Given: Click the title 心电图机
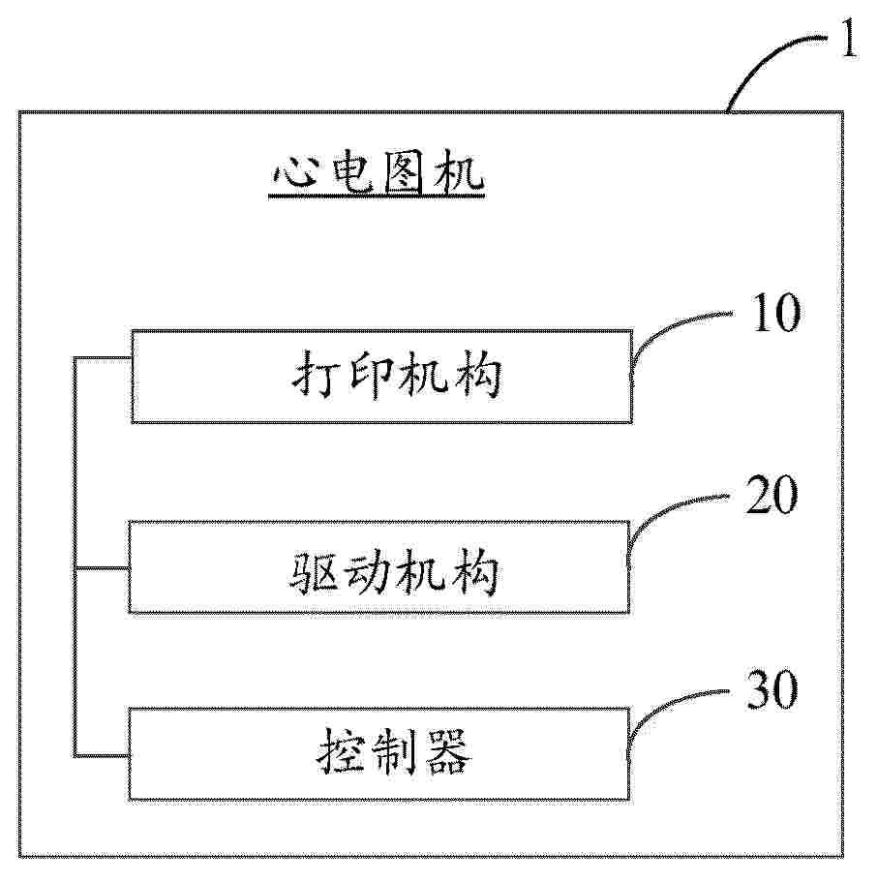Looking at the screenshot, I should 375,175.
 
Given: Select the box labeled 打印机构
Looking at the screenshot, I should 381,377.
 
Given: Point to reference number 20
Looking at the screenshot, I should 772,497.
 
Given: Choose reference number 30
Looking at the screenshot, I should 772,690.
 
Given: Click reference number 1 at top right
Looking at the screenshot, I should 847,45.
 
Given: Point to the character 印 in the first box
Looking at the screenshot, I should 366,377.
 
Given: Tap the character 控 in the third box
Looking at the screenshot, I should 339,753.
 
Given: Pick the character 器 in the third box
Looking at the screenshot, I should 446,753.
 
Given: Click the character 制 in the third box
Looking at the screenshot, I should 393,753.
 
